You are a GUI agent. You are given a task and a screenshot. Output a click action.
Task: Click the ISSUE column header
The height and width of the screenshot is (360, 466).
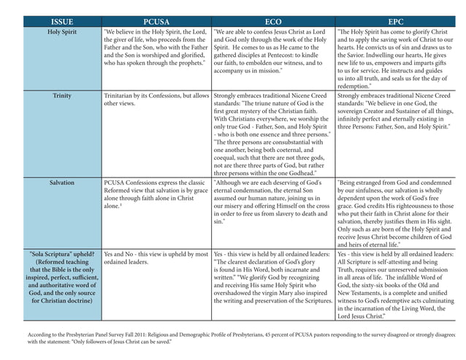click(x=62, y=21)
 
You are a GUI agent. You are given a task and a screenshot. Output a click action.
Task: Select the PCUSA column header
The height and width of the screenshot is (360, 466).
click(x=156, y=21)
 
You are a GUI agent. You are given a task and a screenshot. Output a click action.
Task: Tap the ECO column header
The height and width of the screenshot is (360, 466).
click(x=272, y=21)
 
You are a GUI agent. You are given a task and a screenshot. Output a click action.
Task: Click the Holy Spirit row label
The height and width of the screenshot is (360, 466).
click(x=62, y=33)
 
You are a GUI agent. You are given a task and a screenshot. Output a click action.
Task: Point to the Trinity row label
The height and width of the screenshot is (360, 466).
click(x=62, y=96)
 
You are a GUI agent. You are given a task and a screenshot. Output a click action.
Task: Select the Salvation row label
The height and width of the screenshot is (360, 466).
click(x=62, y=183)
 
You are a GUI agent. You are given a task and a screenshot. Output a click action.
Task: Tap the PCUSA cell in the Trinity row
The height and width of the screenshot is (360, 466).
click(x=156, y=100)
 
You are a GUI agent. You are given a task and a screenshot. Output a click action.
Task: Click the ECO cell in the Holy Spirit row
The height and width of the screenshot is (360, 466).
click(x=272, y=51)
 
